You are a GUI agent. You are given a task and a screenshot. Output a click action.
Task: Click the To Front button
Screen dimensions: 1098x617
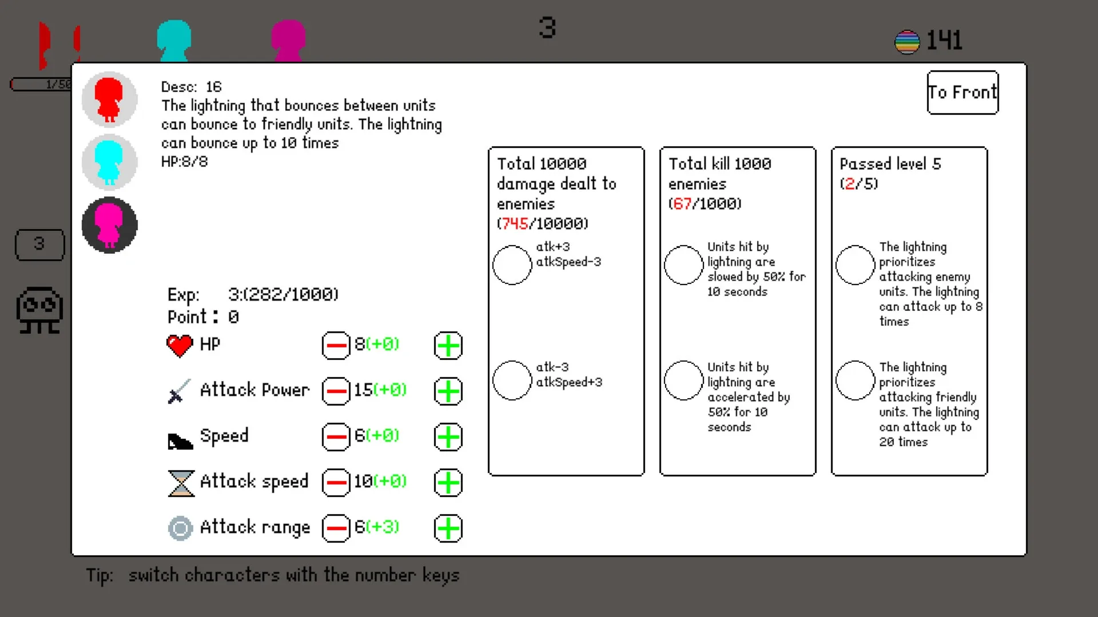[x=962, y=93]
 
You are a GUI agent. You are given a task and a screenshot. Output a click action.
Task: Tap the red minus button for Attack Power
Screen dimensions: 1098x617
[x=336, y=391]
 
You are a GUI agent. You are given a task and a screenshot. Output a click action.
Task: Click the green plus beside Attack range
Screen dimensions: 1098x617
[x=448, y=528]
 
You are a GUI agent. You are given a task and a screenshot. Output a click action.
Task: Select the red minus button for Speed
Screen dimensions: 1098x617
[x=336, y=437]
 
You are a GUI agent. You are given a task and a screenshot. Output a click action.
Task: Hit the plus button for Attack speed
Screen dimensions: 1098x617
[x=448, y=483]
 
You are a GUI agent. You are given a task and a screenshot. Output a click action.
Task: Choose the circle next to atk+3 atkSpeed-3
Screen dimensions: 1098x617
[x=512, y=265]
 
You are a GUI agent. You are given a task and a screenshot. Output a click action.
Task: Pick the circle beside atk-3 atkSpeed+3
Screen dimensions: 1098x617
[x=512, y=380]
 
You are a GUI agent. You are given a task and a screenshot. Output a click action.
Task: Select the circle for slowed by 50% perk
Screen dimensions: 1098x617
[x=683, y=265]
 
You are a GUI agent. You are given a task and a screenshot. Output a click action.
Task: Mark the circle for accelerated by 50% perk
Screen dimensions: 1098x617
[x=683, y=380]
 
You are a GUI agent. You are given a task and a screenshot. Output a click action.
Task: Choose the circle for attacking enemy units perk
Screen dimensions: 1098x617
[x=855, y=265]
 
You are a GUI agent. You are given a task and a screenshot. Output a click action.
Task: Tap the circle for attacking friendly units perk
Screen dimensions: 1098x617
[x=855, y=380]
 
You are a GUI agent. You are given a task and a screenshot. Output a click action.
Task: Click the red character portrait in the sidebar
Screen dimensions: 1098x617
[x=109, y=99]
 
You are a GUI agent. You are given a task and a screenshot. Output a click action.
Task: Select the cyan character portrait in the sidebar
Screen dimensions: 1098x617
[x=109, y=162]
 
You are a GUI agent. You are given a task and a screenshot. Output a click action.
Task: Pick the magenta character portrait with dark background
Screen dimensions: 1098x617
[x=109, y=225]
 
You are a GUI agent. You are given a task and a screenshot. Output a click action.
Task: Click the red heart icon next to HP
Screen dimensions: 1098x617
[x=180, y=346]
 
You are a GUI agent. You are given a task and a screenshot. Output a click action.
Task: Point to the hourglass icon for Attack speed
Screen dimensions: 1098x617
[x=181, y=483]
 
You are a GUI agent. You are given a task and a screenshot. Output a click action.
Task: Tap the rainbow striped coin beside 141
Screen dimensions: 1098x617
[x=907, y=42]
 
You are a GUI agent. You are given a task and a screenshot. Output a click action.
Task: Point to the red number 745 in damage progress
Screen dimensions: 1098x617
[x=515, y=223]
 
